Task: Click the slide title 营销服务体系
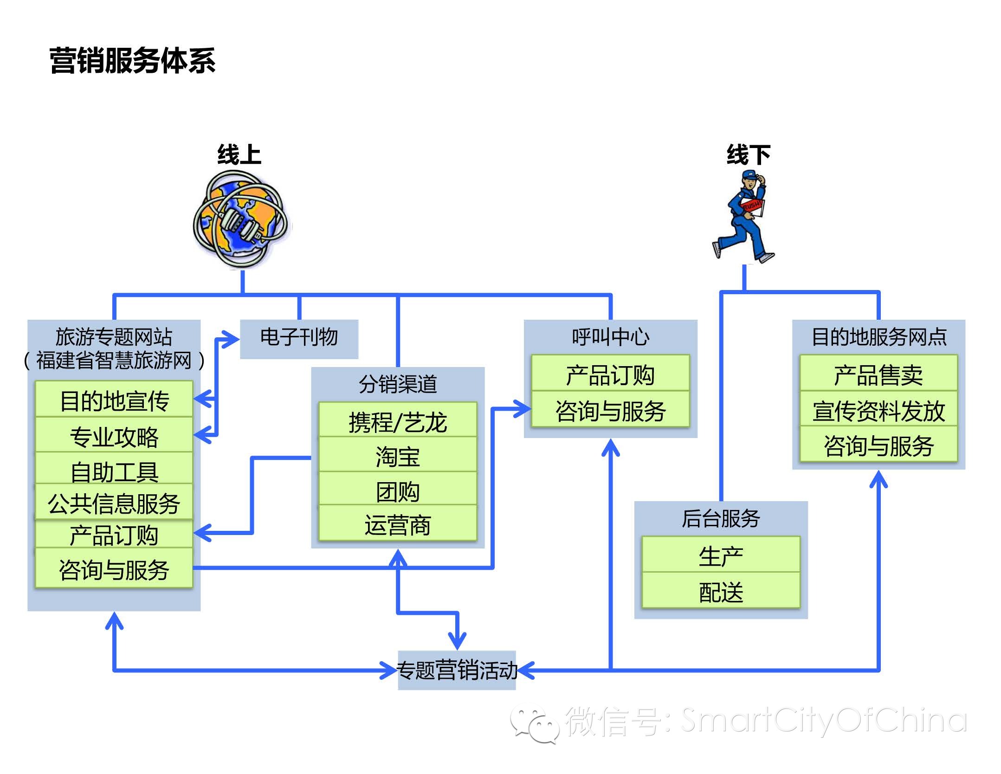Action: click(132, 61)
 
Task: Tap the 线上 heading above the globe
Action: click(239, 155)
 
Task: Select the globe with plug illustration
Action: click(242, 219)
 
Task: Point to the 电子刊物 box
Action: click(299, 338)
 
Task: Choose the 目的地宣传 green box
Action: click(114, 400)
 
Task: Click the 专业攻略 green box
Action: click(114, 436)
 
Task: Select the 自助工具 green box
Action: click(114, 470)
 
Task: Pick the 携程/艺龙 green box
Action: click(398, 420)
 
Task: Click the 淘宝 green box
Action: click(398, 455)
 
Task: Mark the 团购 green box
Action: click(398, 490)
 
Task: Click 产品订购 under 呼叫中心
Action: click(610, 374)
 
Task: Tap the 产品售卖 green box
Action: click(878, 374)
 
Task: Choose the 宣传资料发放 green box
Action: click(878, 410)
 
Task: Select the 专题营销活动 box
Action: click(457, 670)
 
